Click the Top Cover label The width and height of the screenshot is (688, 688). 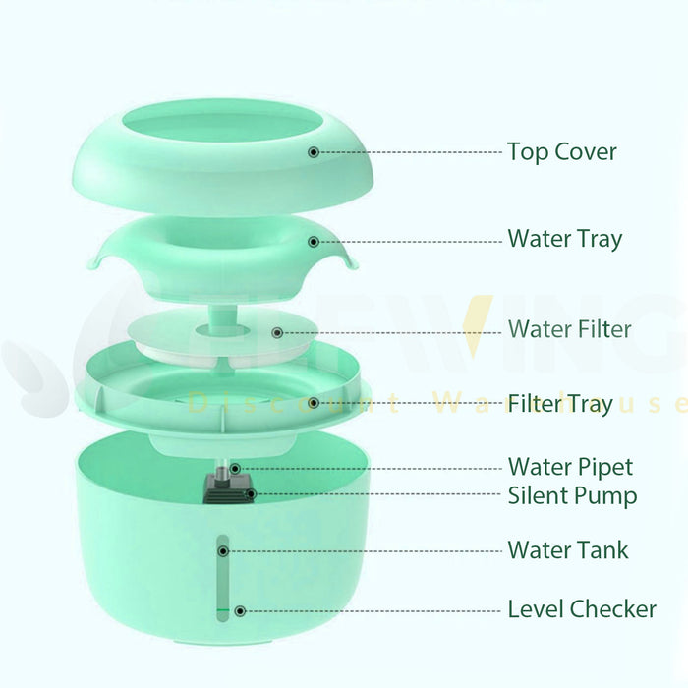[x=562, y=152]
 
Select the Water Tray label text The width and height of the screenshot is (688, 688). [x=564, y=239]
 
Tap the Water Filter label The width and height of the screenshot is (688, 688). [x=569, y=328]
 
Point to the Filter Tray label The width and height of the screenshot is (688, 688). [x=559, y=403]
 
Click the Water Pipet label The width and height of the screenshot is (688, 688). [x=570, y=466]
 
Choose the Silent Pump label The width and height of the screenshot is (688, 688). [x=572, y=495]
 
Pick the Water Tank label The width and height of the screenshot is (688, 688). [x=567, y=549]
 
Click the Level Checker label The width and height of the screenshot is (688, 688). [x=581, y=609]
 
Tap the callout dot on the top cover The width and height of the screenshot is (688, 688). [x=314, y=152]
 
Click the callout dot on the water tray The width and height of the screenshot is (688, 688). [x=314, y=241]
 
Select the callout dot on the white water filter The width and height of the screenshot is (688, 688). [x=277, y=333]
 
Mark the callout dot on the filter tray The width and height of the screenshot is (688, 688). [x=314, y=402]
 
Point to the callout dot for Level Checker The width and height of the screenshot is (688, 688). [x=239, y=610]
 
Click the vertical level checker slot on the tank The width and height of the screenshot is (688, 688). [x=222, y=580]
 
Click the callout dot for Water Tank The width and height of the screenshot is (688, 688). [x=223, y=551]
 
